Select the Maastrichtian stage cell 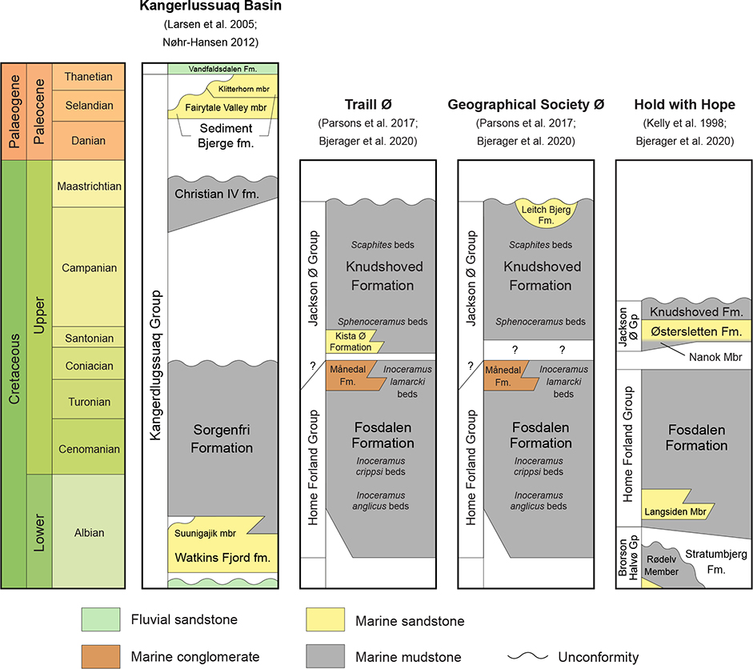pyautogui.click(x=90, y=186)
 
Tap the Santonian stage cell pyautogui.click(x=90, y=339)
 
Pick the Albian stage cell pyautogui.click(x=90, y=533)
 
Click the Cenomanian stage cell pyautogui.click(x=90, y=450)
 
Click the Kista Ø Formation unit pyautogui.click(x=353, y=342)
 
